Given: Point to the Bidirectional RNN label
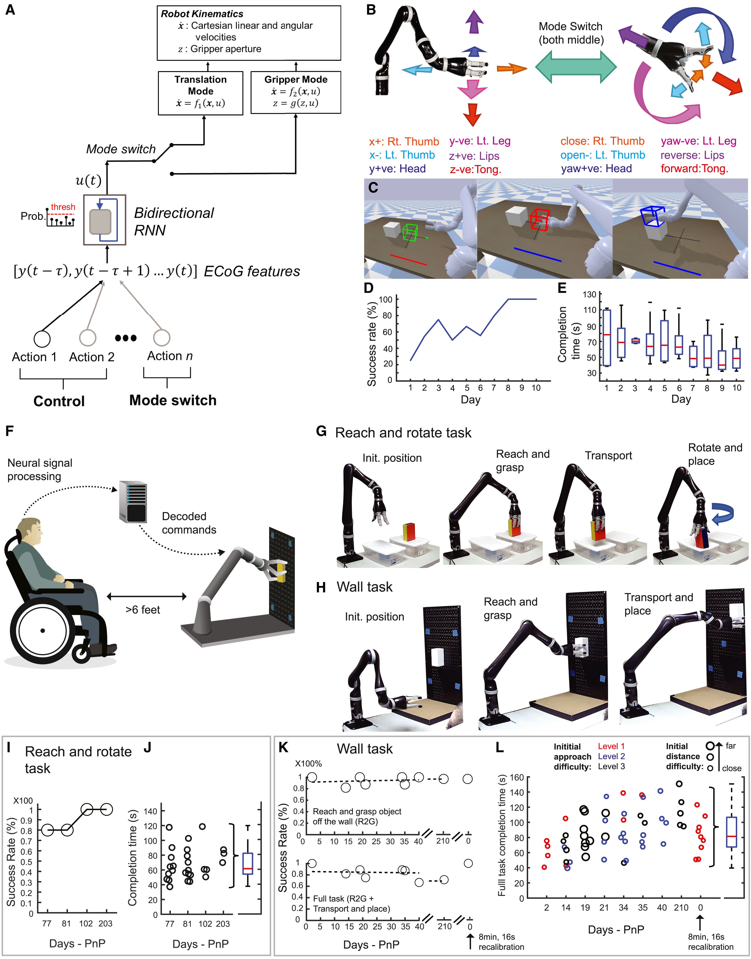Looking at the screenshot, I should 174,221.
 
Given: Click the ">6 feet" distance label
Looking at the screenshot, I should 143,610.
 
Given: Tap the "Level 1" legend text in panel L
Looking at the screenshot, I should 611,746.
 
